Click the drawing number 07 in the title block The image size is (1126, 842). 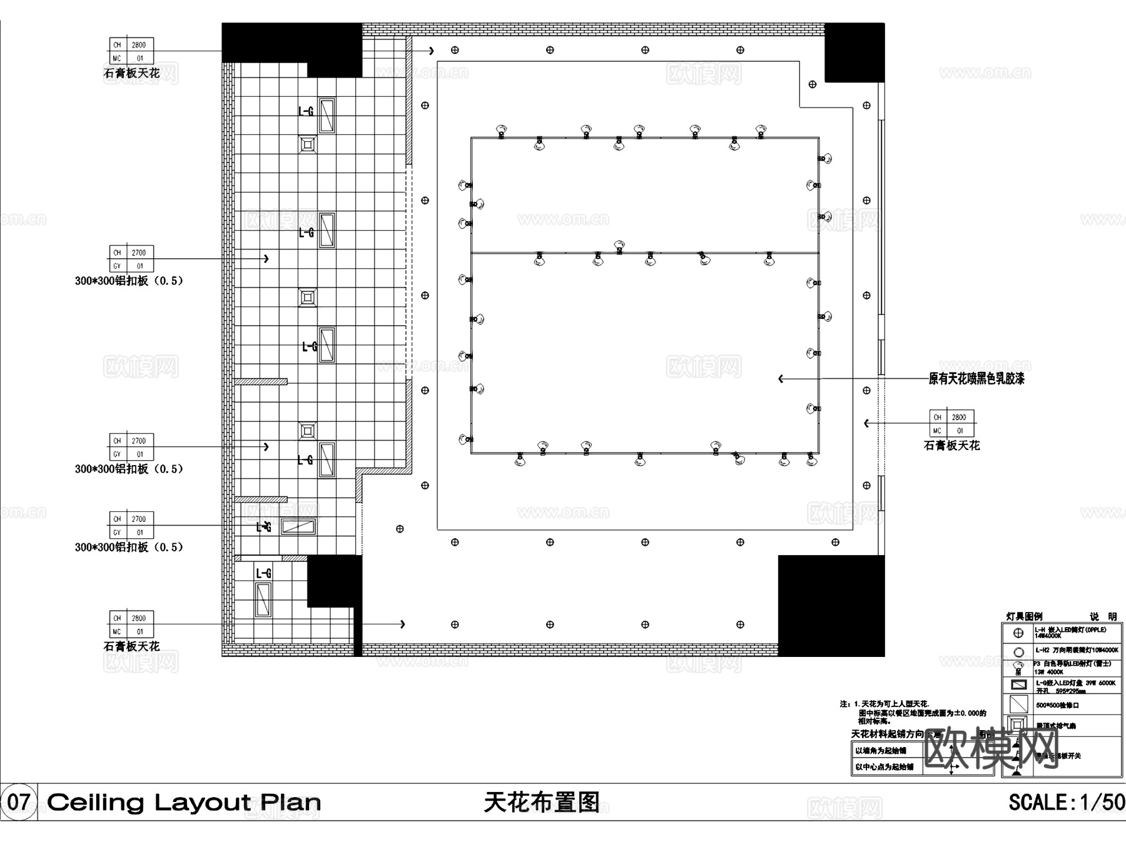[19, 801]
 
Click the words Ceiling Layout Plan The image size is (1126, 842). [183, 802]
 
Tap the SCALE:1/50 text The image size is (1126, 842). [1066, 802]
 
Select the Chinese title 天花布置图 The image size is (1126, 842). [542, 802]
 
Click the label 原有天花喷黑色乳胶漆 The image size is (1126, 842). [976, 378]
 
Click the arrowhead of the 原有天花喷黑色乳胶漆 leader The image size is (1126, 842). [781, 379]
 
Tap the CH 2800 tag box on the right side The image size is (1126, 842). [951, 423]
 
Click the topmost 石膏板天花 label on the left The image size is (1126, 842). [131, 73]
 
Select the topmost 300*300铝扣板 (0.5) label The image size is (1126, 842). [129, 281]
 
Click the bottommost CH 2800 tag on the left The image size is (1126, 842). [131, 624]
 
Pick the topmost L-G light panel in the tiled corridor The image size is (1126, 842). [327, 115]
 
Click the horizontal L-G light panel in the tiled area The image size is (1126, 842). [298, 526]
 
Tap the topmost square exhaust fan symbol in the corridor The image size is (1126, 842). [307, 144]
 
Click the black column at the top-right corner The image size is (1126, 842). [854, 53]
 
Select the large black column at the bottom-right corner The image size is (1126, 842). [831, 605]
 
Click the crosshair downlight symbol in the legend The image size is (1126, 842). [1018, 633]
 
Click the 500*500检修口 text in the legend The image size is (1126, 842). [1057, 705]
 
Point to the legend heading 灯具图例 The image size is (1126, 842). [1024, 616]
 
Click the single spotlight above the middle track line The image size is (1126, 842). [619, 246]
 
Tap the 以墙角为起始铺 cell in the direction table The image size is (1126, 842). [880, 750]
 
